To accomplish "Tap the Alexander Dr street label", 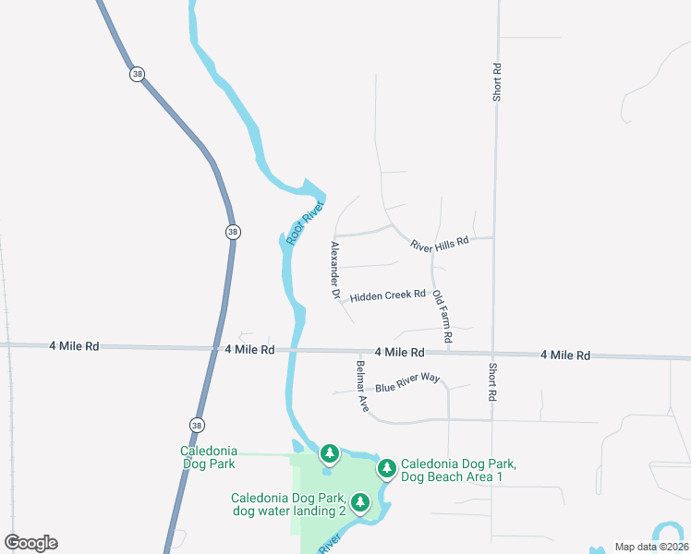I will click(x=335, y=270).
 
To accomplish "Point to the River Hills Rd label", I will click(x=440, y=240).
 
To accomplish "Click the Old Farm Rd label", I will click(x=442, y=319).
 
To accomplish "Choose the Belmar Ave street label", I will click(x=362, y=385).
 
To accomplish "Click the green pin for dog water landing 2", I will click(x=361, y=502).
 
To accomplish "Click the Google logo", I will click(x=30, y=543).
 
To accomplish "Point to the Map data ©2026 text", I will click(x=650, y=547).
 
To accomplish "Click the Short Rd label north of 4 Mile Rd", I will click(x=497, y=81).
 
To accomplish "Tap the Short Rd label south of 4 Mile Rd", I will click(x=491, y=381).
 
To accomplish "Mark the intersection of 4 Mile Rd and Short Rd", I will click(x=493, y=354).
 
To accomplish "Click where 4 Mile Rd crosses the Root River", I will click(x=294, y=350).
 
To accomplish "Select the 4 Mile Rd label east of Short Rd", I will click(x=564, y=355).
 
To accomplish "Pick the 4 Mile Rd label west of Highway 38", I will click(x=74, y=346).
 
